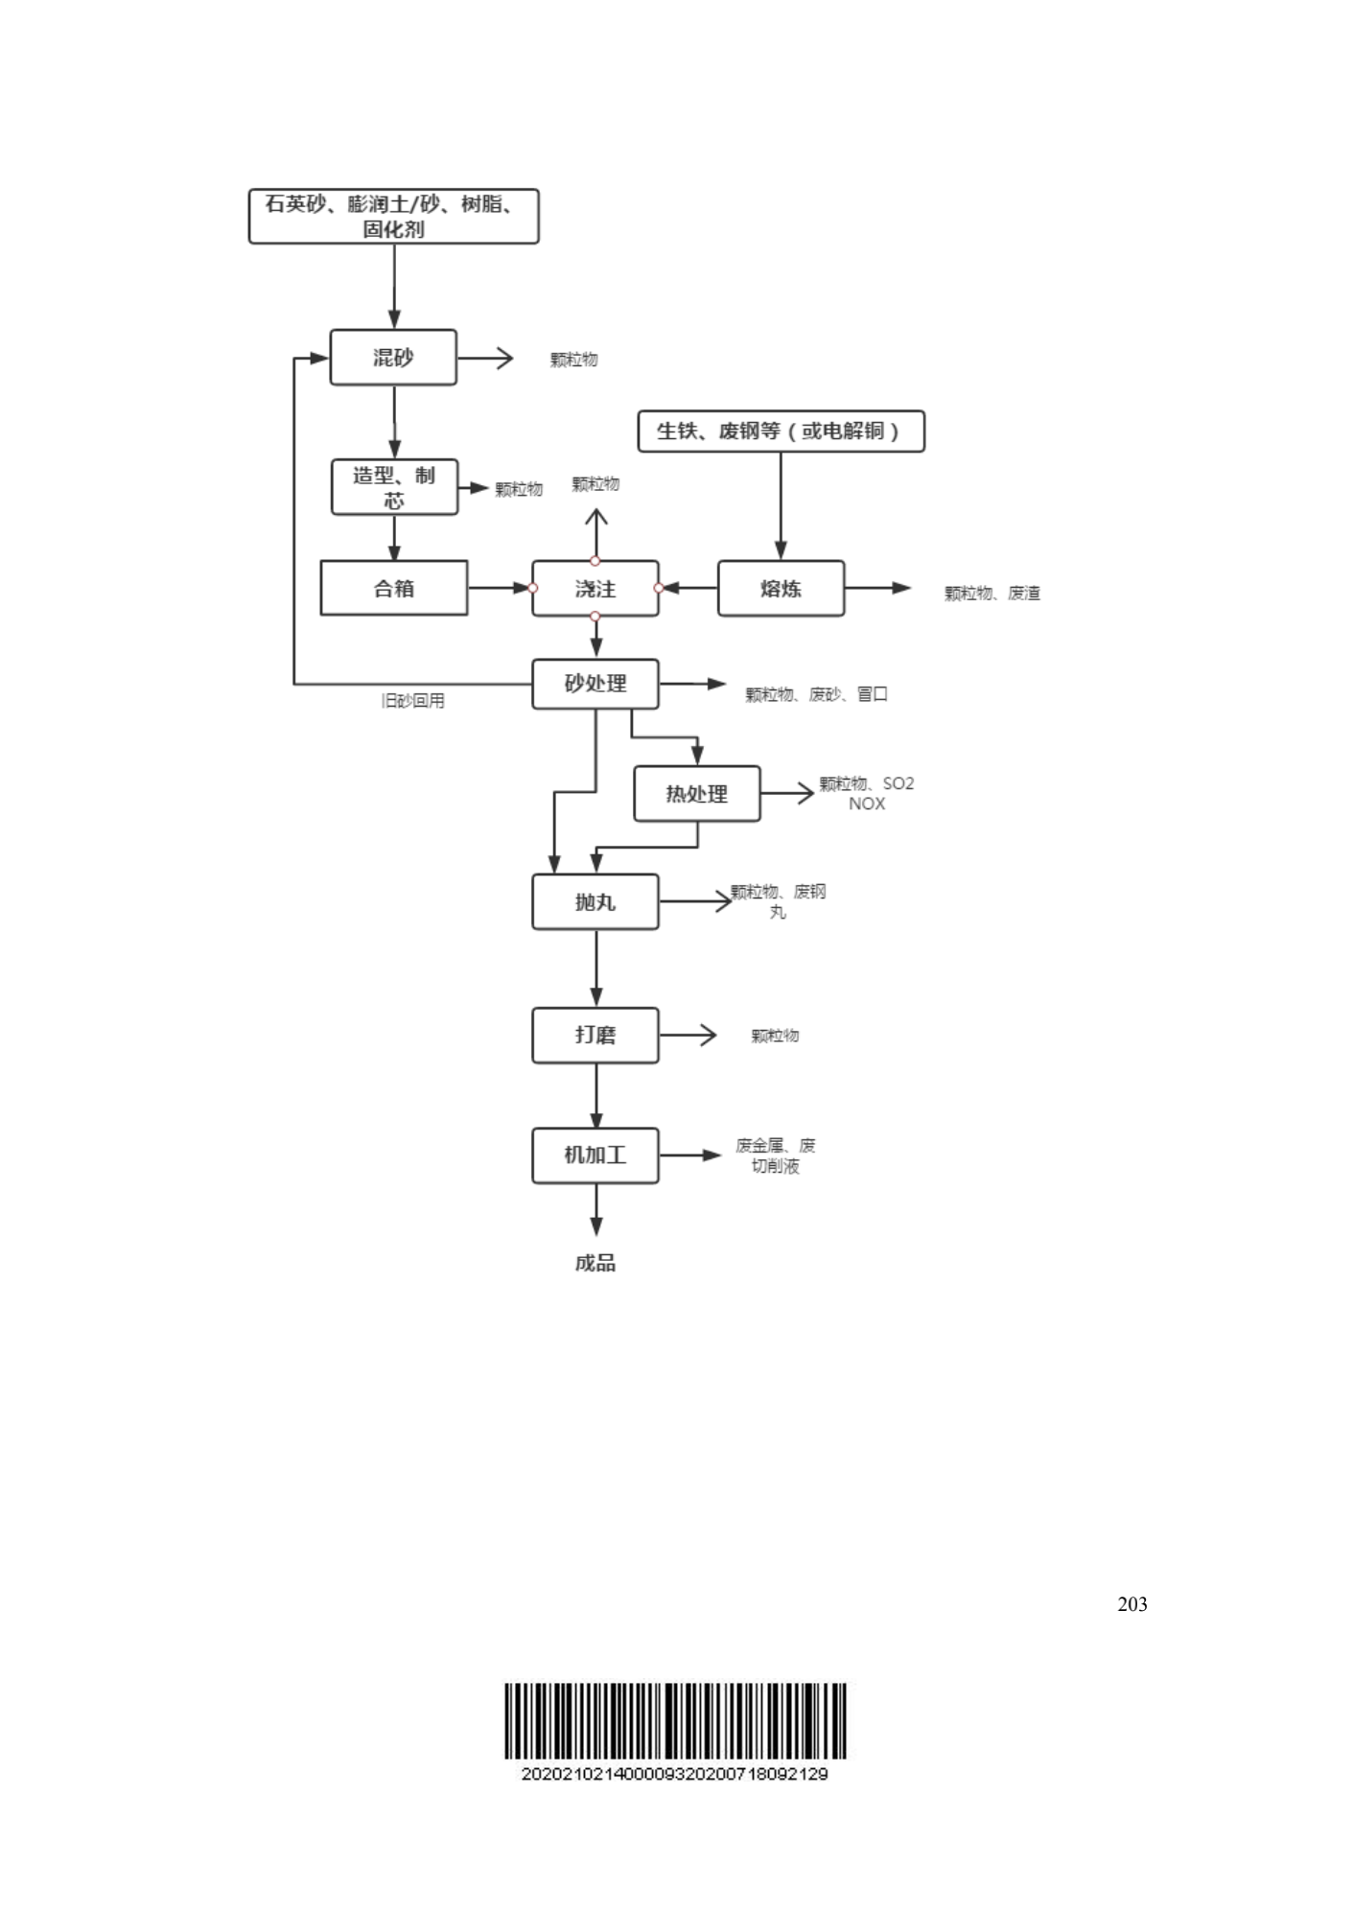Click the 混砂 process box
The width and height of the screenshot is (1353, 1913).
[393, 358]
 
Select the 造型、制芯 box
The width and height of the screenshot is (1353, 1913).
[394, 487]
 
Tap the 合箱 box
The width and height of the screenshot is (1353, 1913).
[393, 588]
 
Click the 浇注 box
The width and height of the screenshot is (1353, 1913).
[595, 588]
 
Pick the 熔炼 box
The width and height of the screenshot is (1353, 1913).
[781, 588]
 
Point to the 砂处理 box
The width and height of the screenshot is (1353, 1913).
[595, 684]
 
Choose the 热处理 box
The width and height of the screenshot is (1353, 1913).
[697, 794]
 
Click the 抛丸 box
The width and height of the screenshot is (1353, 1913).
[595, 901]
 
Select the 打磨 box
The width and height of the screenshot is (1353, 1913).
[595, 1035]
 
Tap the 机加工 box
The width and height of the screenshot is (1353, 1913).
[595, 1155]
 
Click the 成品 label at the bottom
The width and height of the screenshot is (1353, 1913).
[595, 1263]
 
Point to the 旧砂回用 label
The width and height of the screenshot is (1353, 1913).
[412, 701]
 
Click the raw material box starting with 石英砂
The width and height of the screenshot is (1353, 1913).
[393, 217]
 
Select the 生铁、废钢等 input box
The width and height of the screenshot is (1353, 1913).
[781, 432]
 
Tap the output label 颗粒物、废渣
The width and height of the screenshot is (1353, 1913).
[991, 594]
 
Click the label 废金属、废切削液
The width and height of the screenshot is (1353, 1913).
[775, 1155]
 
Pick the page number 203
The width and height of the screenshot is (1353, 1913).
[1131, 1604]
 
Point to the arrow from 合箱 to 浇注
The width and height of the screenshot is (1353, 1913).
[500, 588]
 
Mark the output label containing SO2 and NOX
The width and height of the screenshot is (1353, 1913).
[867, 793]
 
